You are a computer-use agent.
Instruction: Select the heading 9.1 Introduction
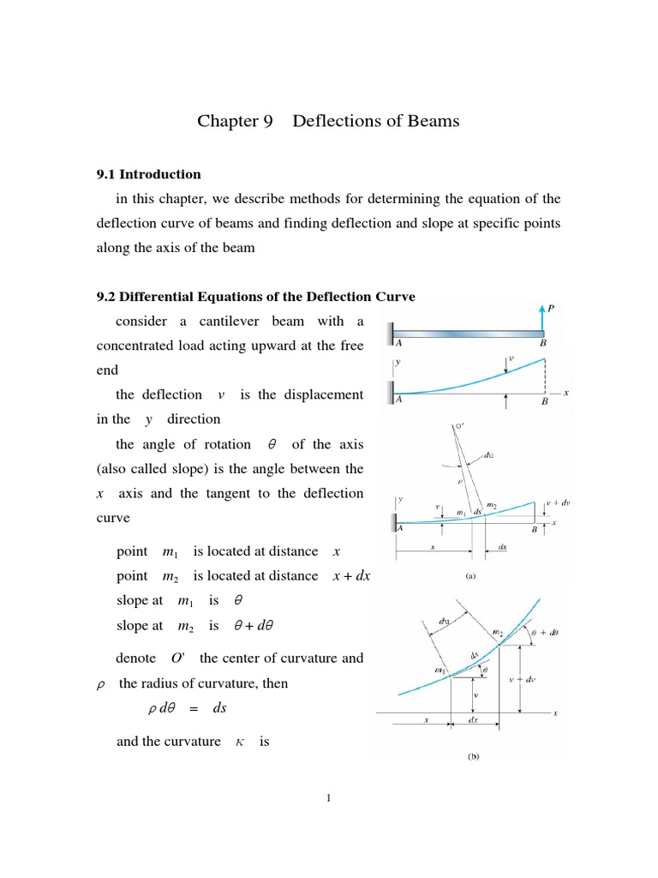coord(147,174)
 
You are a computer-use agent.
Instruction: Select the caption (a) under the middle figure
coord(470,576)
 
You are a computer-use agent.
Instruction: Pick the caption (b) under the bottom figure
coord(472,757)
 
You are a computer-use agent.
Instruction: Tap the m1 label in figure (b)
coord(438,670)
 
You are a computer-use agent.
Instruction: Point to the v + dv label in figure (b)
coord(539,679)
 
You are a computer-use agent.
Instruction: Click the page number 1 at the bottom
coord(328,799)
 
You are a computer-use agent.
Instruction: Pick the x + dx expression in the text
coord(351,576)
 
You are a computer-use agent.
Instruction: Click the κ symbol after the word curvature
coord(237,741)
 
